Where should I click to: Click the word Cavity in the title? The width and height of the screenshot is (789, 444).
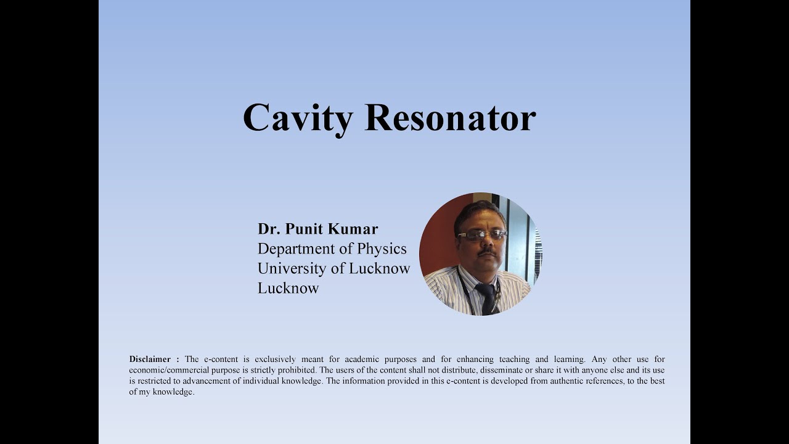(x=298, y=118)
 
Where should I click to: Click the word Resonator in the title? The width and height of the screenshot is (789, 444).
(x=450, y=117)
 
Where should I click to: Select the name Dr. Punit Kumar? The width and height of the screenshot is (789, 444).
(x=317, y=229)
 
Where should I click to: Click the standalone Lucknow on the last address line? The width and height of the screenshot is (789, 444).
(x=288, y=288)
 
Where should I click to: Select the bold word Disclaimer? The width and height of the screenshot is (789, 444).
(x=150, y=359)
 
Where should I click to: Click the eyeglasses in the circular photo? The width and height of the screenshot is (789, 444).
(x=481, y=234)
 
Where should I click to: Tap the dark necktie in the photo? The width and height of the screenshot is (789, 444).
(x=488, y=298)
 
